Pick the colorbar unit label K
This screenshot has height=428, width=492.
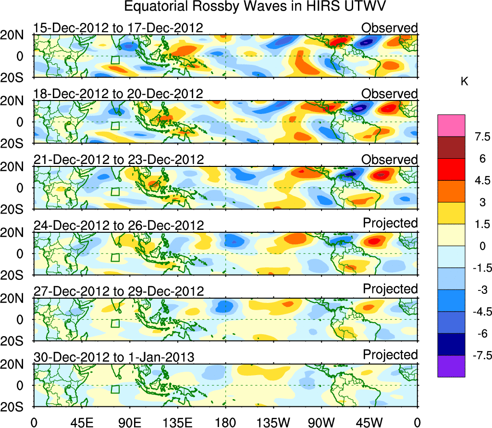coord(464,82)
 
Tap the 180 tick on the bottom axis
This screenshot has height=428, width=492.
coord(225,422)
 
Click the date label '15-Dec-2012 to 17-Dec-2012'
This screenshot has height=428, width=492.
coord(118,28)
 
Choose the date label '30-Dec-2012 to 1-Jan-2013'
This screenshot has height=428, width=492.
coord(114,357)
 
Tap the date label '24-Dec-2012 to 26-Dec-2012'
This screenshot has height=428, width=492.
coord(118,226)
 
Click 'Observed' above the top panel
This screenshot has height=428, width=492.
coord(390,28)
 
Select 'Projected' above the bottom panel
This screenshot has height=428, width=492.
coord(390,355)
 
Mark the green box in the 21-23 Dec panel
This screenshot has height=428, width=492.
coord(115,191)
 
